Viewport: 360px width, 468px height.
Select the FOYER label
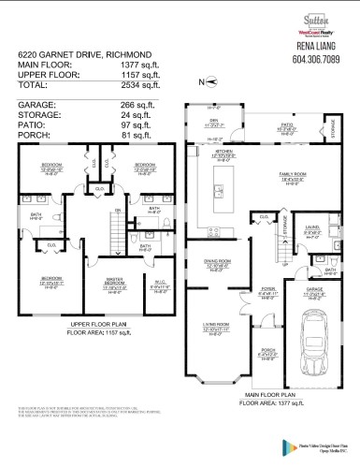(x=270, y=290)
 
